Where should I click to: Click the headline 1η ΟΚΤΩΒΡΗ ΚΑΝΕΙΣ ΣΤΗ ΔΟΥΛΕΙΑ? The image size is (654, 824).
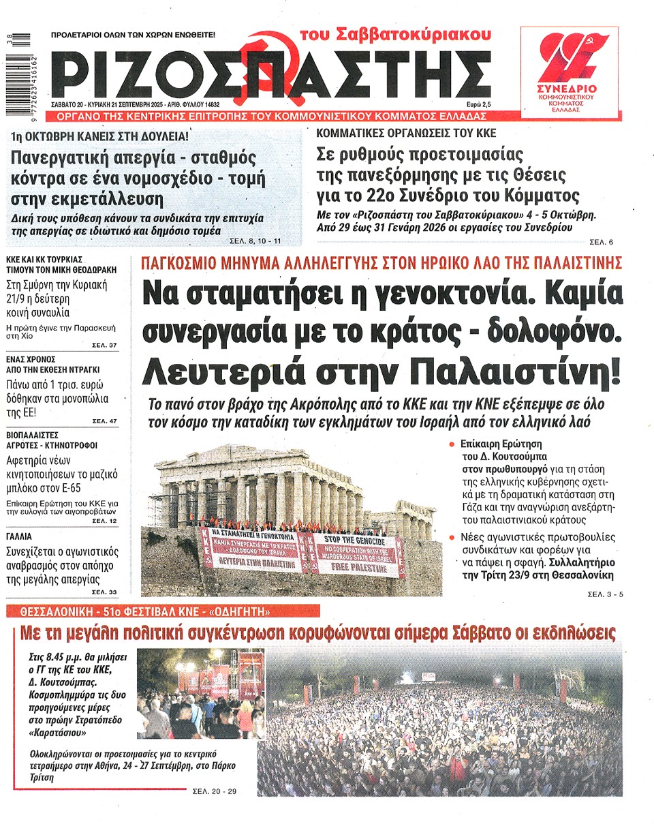[x=105, y=136]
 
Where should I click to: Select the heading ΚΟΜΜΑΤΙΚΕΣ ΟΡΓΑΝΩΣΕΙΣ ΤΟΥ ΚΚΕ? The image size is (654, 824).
[x=407, y=134]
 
